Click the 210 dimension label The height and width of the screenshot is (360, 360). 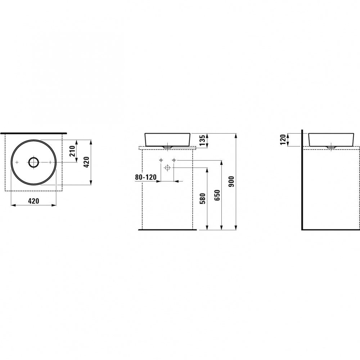point(73,151)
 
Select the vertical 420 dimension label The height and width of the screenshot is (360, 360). point(87,162)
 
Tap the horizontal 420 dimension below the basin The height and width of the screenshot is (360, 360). point(33,201)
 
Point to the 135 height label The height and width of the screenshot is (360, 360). point(202,140)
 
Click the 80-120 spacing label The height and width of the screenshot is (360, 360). point(146,177)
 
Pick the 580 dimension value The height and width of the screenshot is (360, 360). point(203,199)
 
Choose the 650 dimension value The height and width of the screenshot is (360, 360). point(217,195)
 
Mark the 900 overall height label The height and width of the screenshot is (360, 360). point(231,181)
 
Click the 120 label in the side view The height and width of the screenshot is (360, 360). point(283,140)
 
